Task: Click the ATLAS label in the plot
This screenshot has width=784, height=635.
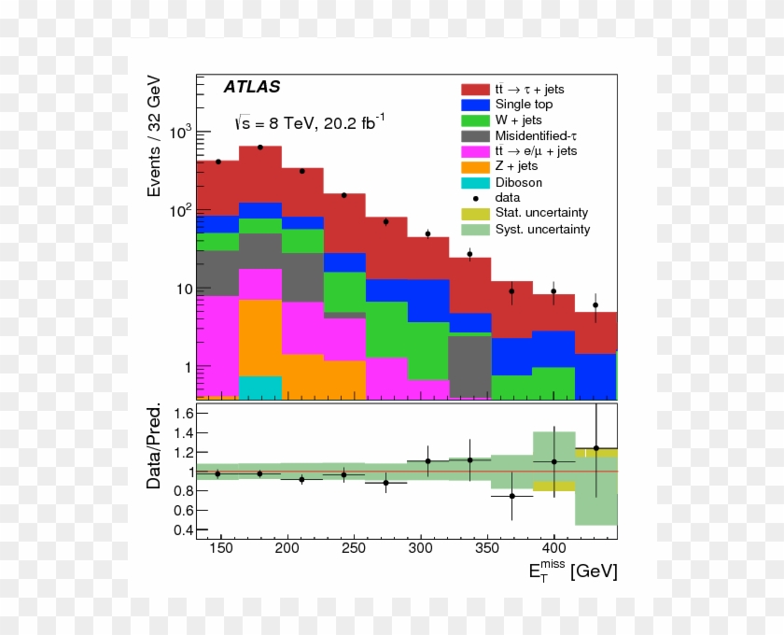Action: pyautogui.click(x=252, y=87)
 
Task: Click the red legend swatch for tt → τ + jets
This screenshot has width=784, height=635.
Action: pyautogui.click(x=474, y=89)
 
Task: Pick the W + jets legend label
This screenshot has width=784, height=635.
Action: pyautogui.click(x=518, y=120)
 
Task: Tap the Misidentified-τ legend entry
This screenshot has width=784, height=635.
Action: pyautogui.click(x=541, y=135)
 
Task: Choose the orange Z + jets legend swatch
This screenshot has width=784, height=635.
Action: pyautogui.click(x=474, y=167)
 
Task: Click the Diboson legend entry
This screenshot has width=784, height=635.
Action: pyautogui.click(x=518, y=182)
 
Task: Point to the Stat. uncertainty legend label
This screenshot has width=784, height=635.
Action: pyautogui.click(x=541, y=214)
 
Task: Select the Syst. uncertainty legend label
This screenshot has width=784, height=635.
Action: pyautogui.click(x=542, y=229)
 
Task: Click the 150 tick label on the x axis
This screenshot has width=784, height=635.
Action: pyautogui.click(x=222, y=549)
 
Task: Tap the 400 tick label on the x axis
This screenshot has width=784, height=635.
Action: pyautogui.click(x=553, y=549)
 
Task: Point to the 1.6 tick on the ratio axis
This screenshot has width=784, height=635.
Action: pyautogui.click(x=183, y=413)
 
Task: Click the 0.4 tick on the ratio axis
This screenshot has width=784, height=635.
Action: pyautogui.click(x=183, y=530)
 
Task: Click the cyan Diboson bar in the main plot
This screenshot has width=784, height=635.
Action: pyautogui.click(x=260, y=387)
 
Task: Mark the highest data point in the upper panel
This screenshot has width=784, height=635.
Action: pyautogui.click(x=260, y=147)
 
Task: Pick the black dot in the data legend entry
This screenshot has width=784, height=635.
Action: pyautogui.click(x=474, y=198)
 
